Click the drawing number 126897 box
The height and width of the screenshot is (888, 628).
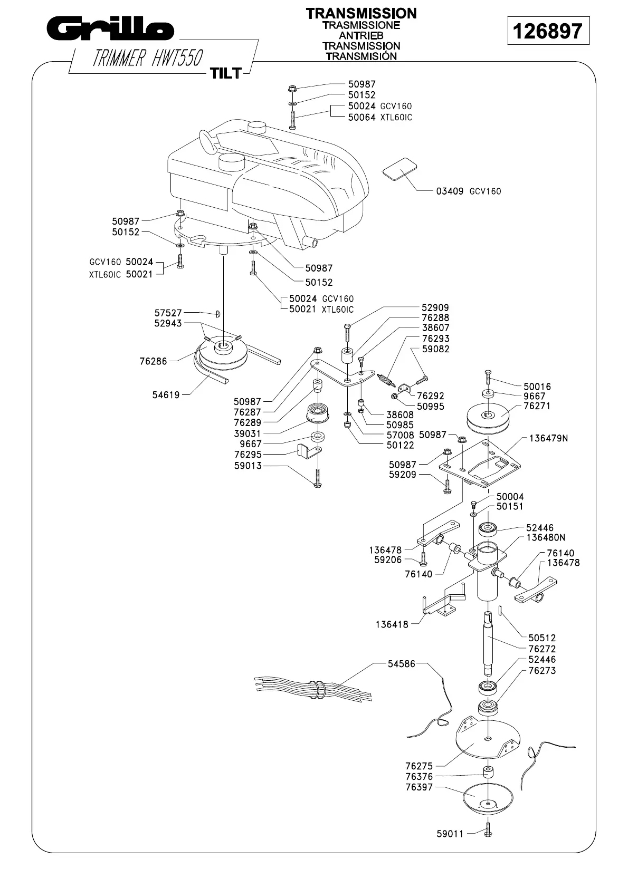point(548,31)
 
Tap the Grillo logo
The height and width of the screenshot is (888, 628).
point(109,30)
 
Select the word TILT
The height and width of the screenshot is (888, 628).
point(226,73)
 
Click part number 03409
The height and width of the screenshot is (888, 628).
point(449,191)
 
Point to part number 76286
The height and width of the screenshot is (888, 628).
point(153,362)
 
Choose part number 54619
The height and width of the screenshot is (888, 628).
point(167,394)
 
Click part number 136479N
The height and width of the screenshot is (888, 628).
point(548,438)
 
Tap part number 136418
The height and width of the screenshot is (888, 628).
point(392,624)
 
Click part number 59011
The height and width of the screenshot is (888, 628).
point(450,834)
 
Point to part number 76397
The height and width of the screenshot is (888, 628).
point(419,787)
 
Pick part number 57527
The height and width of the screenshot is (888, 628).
point(168,313)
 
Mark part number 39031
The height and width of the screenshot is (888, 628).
point(248,433)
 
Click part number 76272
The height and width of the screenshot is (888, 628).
point(542,649)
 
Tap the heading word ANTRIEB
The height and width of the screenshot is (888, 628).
point(361,35)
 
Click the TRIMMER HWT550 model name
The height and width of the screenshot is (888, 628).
point(147,58)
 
